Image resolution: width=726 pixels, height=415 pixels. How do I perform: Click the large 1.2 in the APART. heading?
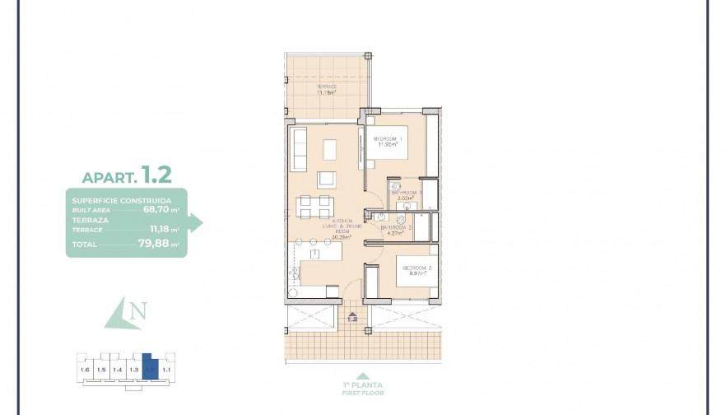point(156,175)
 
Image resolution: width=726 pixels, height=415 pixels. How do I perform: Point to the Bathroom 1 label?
point(407,193)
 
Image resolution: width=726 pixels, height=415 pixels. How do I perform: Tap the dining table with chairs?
point(315,207)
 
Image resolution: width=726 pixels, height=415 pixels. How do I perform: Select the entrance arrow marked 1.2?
point(352,317)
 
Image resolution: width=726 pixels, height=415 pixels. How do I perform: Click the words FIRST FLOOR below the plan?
point(362,392)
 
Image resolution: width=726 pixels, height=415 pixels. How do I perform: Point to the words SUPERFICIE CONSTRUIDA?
point(122,200)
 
